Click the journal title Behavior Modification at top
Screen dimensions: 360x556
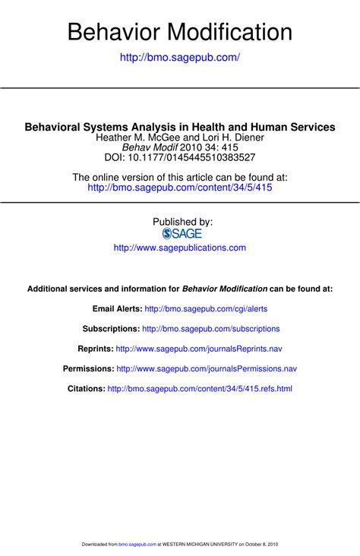coord(180,32)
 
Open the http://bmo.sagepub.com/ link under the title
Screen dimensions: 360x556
coord(180,58)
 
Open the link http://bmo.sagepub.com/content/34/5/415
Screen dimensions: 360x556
coord(180,187)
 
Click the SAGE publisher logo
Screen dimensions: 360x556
coord(182,234)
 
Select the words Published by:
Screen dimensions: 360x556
coord(182,222)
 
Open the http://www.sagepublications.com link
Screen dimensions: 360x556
coord(180,248)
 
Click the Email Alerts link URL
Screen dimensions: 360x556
coord(206,309)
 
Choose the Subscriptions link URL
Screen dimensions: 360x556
coord(211,329)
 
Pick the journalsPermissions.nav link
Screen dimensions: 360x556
coord(206,368)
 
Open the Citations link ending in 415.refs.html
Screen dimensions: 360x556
coord(200,388)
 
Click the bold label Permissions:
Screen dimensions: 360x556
coord(88,368)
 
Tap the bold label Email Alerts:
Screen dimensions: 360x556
coord(117,309)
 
